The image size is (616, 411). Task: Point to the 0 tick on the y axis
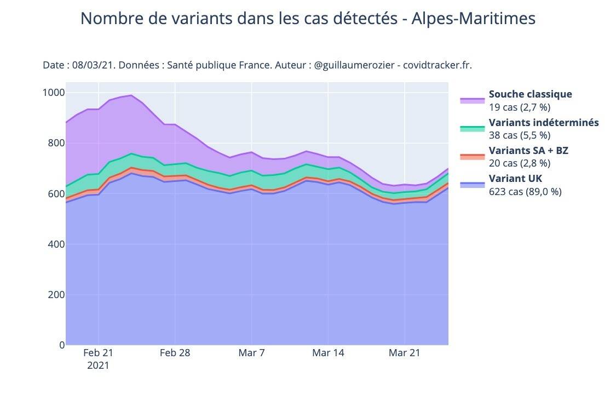pos(62,345)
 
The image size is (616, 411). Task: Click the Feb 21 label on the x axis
pos(98,352)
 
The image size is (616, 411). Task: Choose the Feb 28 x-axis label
pos(175,352)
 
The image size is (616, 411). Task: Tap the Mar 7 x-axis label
pos(251,352)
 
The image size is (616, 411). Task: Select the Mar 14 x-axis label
pos(328,352)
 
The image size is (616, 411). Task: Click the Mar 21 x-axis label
pos(405,352)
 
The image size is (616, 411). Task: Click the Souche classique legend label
pos(530,94)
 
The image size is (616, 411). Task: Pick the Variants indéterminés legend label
pos(543,122)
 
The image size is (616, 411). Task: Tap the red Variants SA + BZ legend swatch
pos(472,157)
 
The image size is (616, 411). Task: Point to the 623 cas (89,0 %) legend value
pos(525,191)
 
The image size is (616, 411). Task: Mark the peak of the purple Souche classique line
pos(131,95)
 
